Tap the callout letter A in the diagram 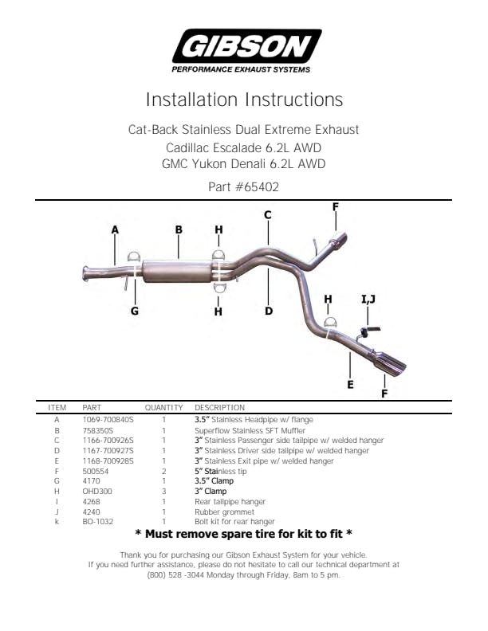(115, 229)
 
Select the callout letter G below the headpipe (135, 311)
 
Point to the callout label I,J (368, 299)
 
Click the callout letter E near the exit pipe (350, 384)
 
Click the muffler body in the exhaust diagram (177, 271)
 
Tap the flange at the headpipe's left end (86, 272)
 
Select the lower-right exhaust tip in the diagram (388, 363)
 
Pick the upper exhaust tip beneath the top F (338, 241)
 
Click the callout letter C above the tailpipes (268, 215)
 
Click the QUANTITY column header (164, 408)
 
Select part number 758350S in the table (98, 430)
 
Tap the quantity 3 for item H (164, 492)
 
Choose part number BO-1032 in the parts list (98, 522)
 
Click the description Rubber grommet (224, 511)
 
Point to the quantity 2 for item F (164, 471)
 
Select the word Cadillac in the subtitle (187, 148)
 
